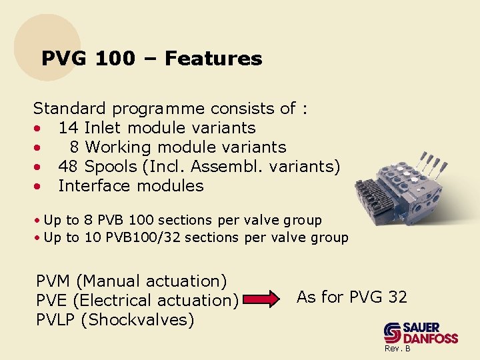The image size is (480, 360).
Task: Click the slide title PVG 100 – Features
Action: [x=151, y=59]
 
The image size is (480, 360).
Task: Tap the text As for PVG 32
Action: [x=351, y=297]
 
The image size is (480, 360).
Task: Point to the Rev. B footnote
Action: [x=397, y=349]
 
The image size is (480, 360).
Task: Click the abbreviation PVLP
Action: [x=56, y=319]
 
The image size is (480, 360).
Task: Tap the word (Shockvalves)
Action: [x=137, y=319]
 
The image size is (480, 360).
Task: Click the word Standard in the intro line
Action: [x=70, y=108]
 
